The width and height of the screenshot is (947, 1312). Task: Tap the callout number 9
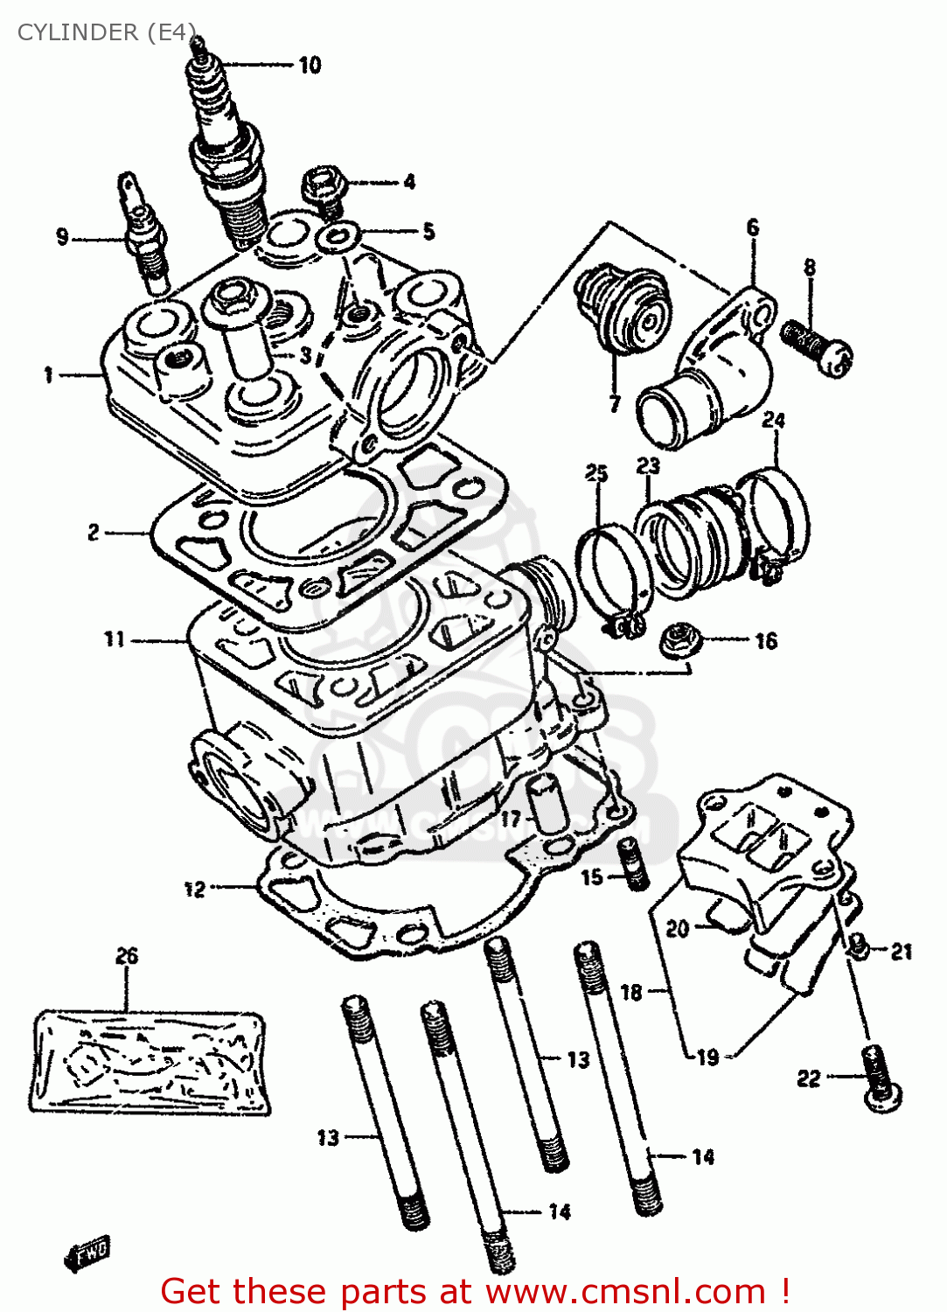(x=62, y=237)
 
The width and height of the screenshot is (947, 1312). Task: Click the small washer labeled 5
(x=339, y=234)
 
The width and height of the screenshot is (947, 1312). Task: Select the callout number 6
(x=753, y=227)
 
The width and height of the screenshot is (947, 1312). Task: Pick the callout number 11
(x=115, y=639)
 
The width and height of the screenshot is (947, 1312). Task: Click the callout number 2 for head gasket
(x=94, y=532)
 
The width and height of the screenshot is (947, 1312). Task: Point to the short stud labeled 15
(x=634, y=864)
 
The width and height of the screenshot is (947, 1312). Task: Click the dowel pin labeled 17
(x=543, y=803)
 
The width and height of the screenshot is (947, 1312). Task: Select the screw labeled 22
(x=881, y=1078)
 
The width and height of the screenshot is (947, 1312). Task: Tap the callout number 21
(x=902, y=952)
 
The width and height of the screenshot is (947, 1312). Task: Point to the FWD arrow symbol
(x=87, y=1253)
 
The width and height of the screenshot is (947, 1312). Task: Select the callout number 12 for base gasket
(x=194, y=890)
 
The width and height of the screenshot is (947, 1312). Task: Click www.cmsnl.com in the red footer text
(x=625, y=1292)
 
